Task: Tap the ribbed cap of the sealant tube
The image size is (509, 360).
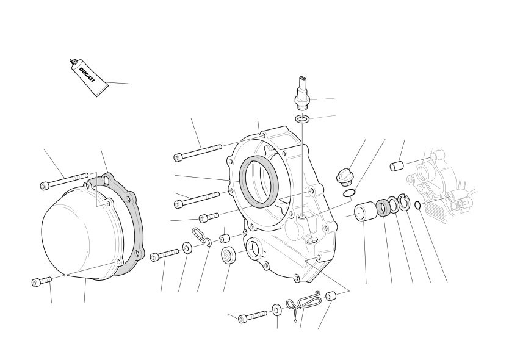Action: pos(73,61)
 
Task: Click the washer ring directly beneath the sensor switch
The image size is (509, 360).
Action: pos(302,119)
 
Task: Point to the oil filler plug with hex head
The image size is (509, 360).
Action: pos(345,178)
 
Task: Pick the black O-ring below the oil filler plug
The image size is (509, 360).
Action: pos(348,193)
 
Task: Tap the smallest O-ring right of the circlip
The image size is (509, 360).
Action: pos(418,205)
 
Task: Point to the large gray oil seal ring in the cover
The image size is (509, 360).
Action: pos(259,181)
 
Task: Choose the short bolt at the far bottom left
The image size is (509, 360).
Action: pos(42,281)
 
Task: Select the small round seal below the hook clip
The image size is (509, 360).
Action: pos(229,254)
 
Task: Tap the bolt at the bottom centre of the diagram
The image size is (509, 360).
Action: pos(253,317)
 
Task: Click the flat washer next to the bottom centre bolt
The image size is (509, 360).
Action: pos(277,309)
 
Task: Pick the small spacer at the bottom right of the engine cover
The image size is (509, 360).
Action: pos(331,297)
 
